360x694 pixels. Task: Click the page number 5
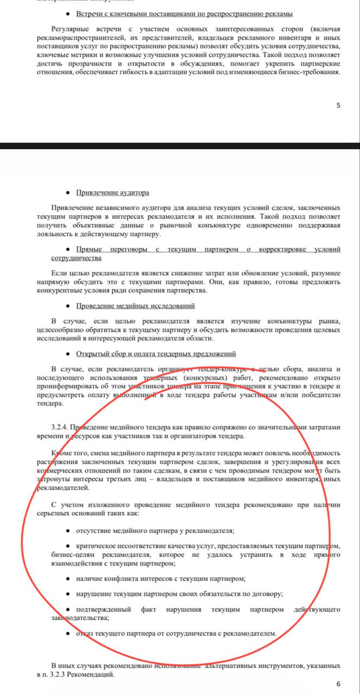click(x=338, y=105)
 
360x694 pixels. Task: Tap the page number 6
click(x=338, y=684)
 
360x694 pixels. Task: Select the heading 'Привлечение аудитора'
click(x=112, y=192)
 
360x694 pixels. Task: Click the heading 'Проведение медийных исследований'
click(x=136, y=306)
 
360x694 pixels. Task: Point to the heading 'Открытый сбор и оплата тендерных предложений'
click(x=156, y=355)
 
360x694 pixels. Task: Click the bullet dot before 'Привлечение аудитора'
click(x=67, y=192)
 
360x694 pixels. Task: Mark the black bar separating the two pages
click(x=180, y=146)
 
